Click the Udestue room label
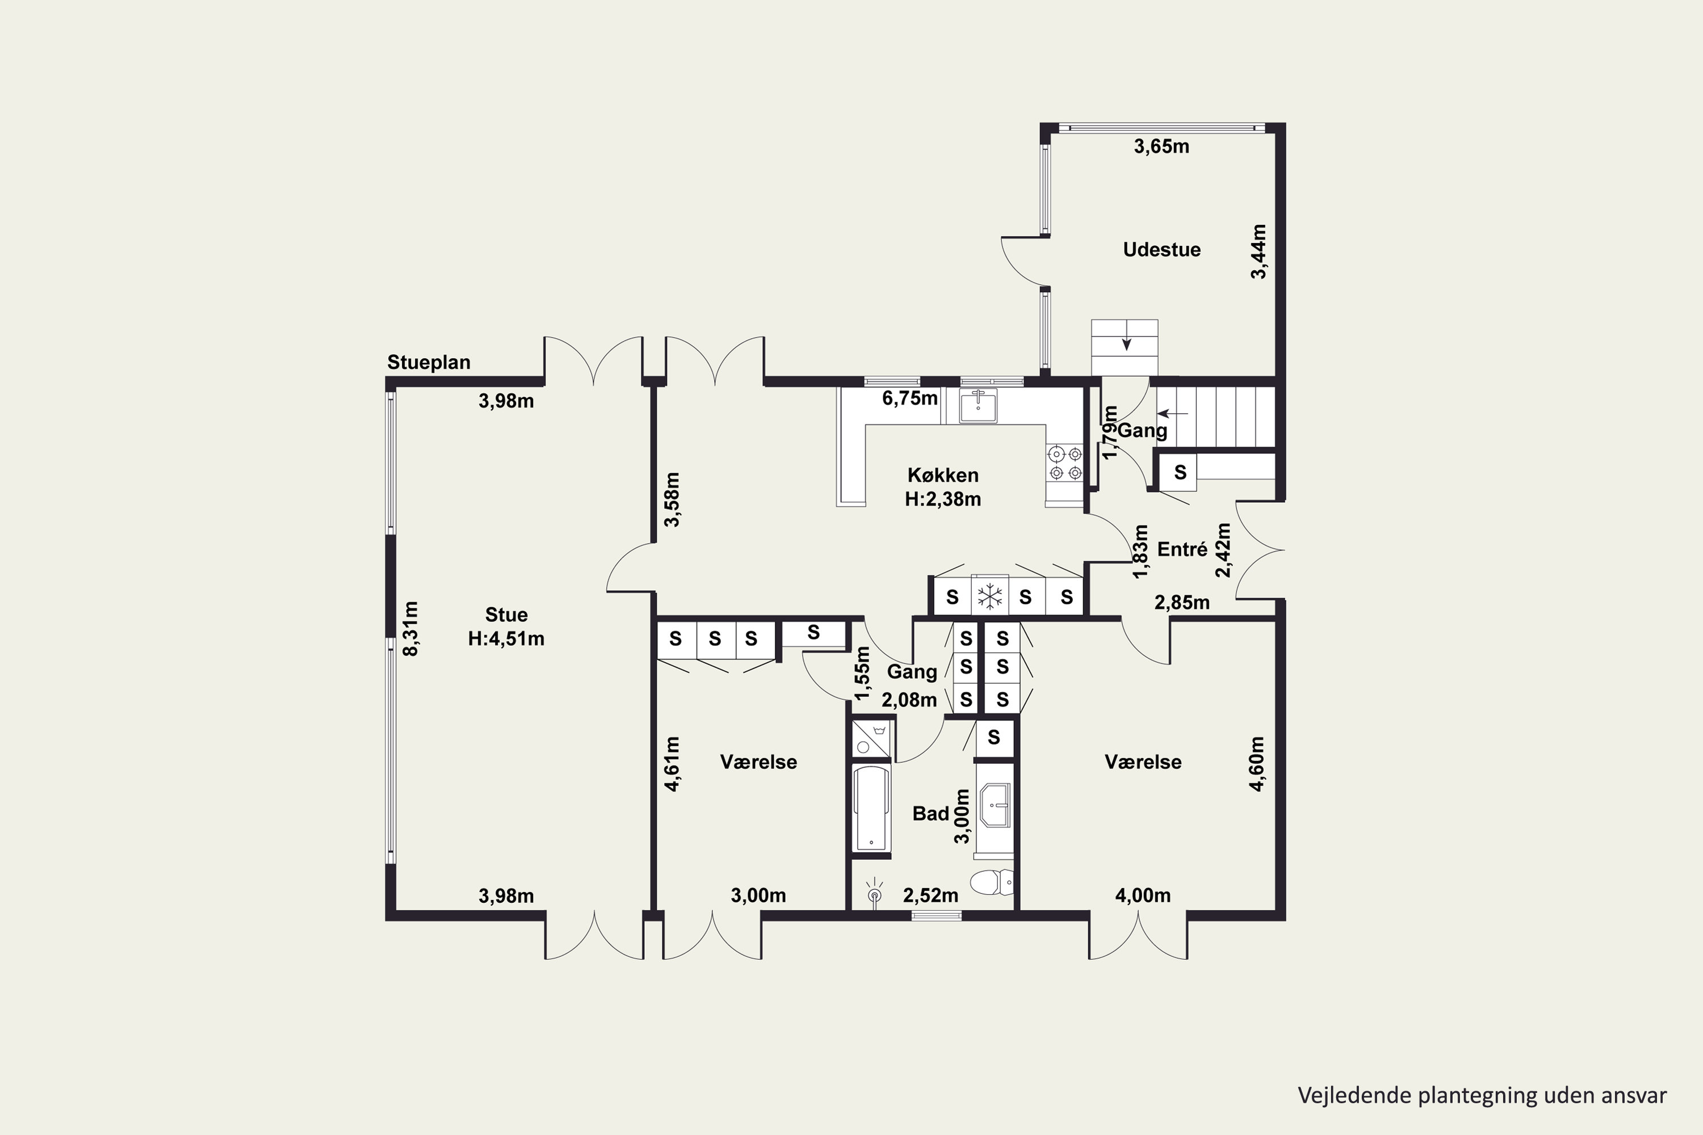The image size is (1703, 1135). coord(1161,250)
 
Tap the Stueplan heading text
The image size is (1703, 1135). coord(429,362)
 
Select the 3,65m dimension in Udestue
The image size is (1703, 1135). coord(1161,147)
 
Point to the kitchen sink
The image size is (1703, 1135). coord(978,405)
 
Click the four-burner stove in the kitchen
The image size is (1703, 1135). coord(1065,463)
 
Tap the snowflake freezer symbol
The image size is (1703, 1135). coord(989,597)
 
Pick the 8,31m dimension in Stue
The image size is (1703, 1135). coord(410,628)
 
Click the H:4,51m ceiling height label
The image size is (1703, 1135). coord(506,638)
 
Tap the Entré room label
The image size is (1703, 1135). coord(1182,549)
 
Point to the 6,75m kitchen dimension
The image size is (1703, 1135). coord(909,398)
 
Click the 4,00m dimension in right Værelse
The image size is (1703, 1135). coord(1143,896)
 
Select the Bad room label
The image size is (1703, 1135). coord(930,814)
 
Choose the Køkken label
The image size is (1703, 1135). coord(943,476)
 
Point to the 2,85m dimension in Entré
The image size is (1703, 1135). coord(1182,602)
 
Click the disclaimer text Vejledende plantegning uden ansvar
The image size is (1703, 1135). coord(1482,1095)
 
